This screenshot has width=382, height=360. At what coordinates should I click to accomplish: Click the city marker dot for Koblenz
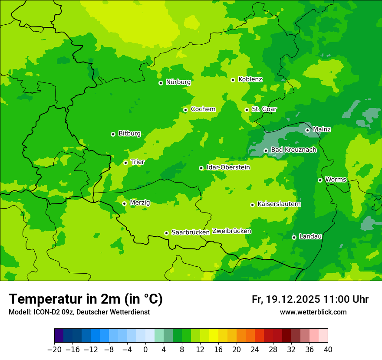233,80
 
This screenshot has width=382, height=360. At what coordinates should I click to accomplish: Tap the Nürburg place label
178,82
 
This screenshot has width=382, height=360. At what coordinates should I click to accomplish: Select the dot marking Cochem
185,110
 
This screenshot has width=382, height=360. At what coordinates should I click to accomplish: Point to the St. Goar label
264,109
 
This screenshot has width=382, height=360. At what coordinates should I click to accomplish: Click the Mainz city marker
307,130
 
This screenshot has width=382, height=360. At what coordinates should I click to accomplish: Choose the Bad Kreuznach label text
293,150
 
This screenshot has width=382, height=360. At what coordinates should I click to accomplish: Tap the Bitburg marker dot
113,134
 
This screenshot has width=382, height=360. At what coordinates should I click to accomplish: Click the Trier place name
138,162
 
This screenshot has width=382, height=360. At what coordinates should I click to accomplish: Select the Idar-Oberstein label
228,167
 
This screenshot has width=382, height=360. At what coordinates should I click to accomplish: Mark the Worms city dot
320,180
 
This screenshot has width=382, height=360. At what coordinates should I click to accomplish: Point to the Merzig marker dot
124,203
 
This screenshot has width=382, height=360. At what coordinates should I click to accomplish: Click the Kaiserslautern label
279,204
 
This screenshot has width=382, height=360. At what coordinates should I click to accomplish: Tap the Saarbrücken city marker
166,233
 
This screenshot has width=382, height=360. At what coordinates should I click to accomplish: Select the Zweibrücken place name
231,231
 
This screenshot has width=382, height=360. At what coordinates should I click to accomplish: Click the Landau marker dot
294,237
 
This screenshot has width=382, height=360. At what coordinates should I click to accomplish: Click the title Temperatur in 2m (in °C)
86,299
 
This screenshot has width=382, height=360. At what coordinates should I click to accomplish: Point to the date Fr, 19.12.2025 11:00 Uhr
310,299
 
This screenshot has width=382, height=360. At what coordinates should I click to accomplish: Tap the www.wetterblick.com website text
313,312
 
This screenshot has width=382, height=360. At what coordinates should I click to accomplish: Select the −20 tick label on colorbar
54,350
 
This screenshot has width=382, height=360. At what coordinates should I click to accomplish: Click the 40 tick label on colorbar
328,350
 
